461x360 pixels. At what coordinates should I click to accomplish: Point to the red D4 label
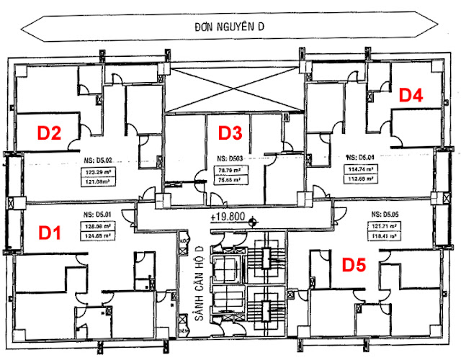[411, 94]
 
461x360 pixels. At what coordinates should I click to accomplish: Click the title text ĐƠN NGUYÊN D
[230, 27]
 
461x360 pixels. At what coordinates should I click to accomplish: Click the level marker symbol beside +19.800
[252, 222]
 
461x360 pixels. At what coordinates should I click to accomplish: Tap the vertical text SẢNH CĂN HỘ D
[196, 280]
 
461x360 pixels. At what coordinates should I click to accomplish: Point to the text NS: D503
[231, 157]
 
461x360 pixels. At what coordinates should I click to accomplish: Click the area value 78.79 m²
[230, 171]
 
